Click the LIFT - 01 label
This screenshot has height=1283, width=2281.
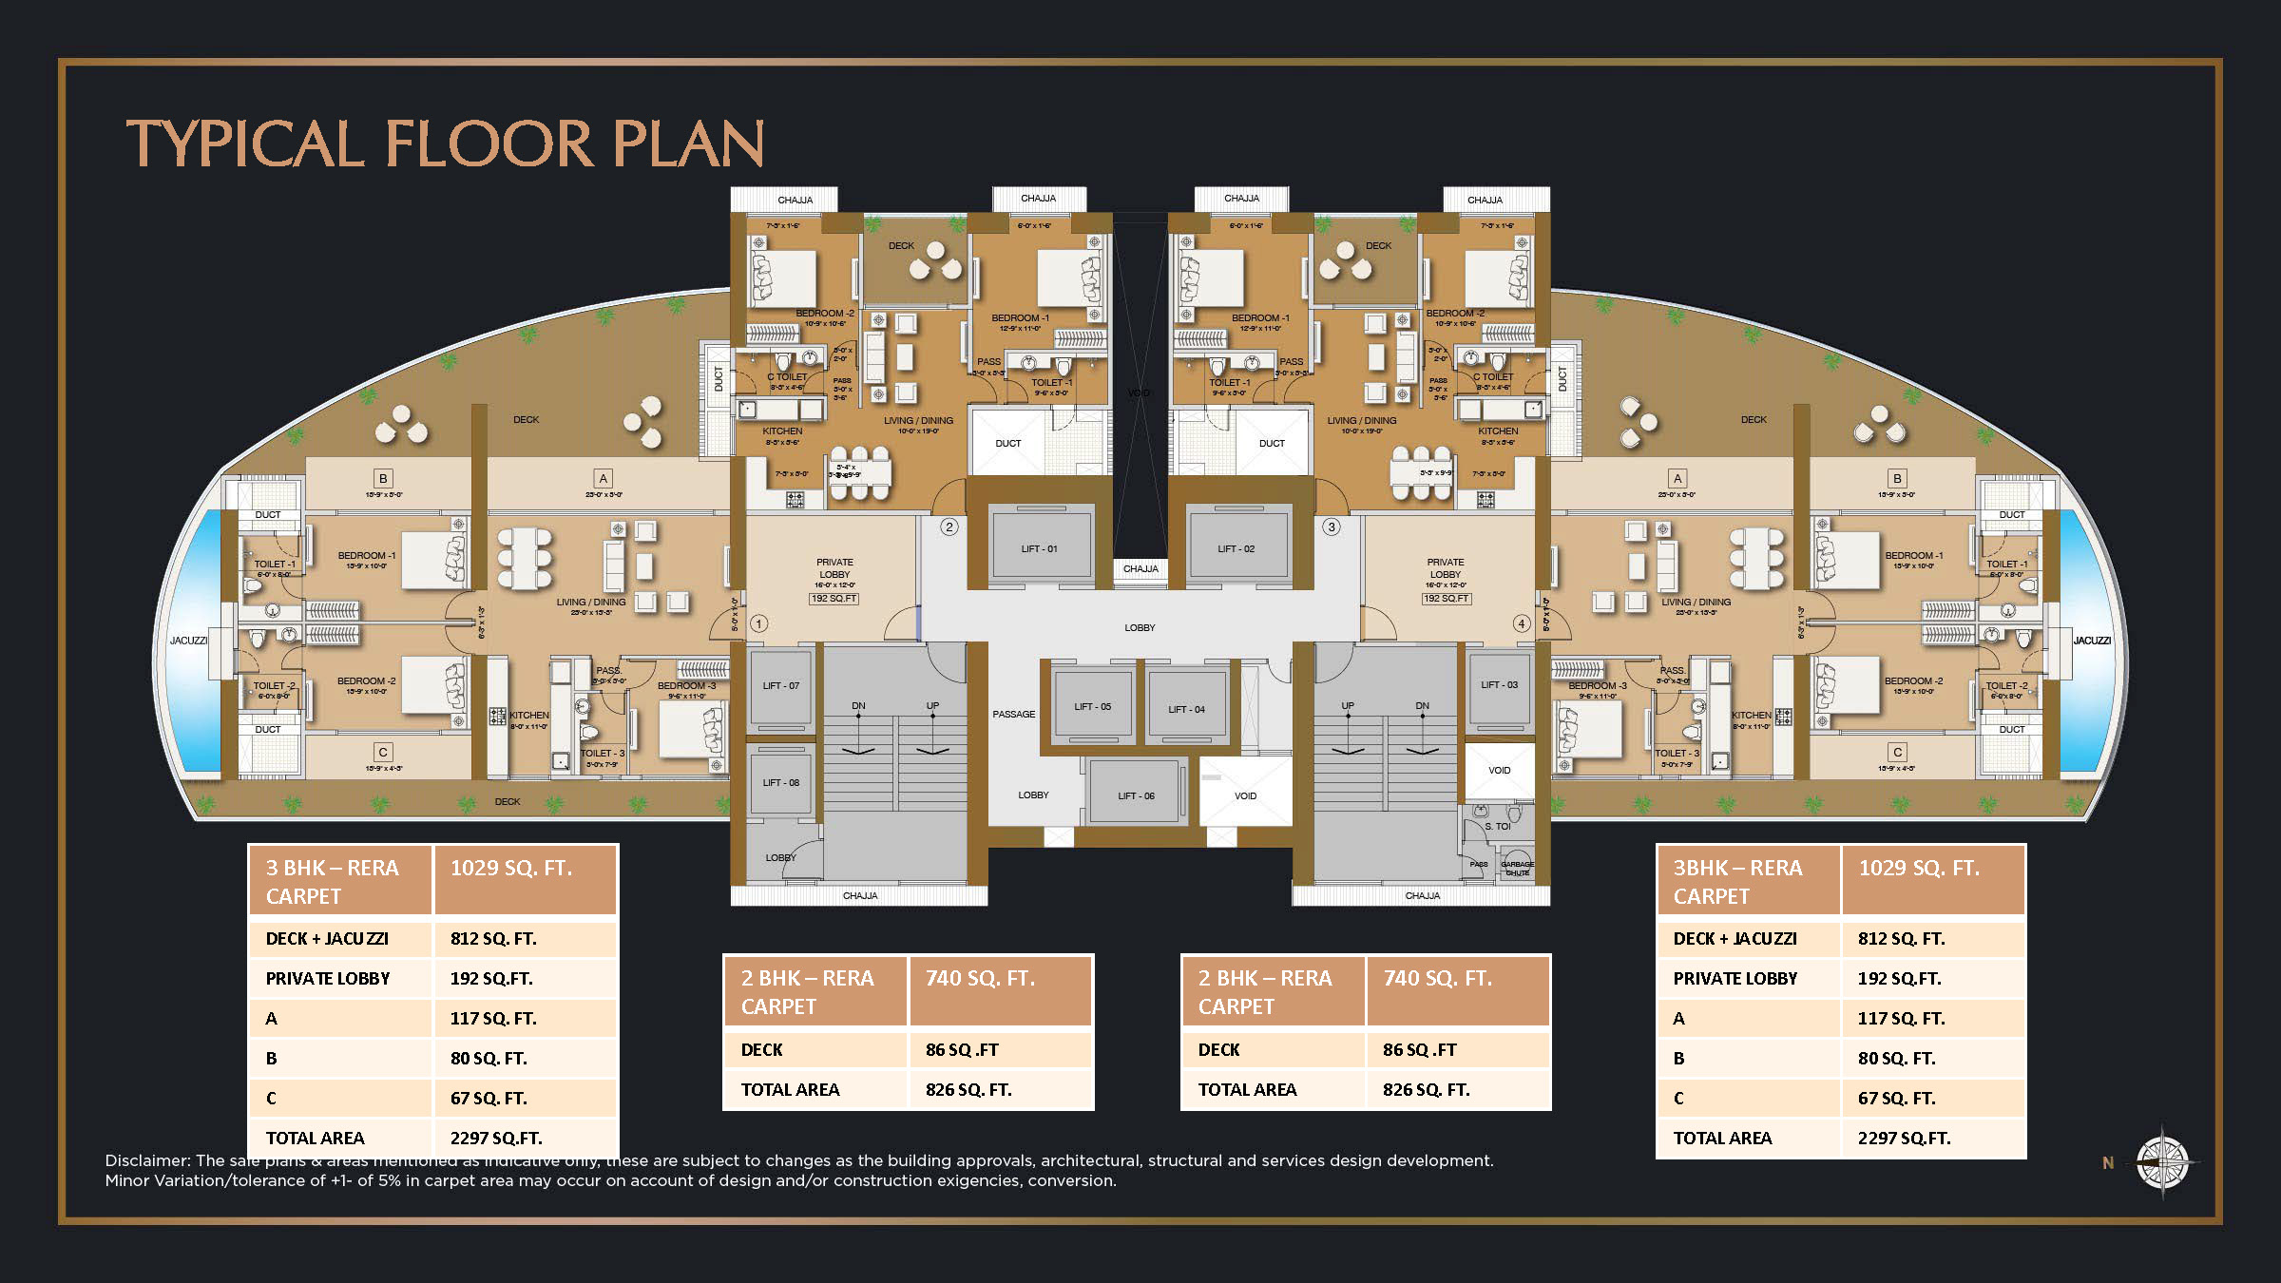(1039, 548)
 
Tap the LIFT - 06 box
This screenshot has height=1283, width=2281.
(1136, 795)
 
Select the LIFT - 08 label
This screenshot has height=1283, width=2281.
(780, 782)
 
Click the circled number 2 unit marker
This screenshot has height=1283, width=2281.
(949, 527)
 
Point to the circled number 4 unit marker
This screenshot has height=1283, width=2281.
(1521, 623)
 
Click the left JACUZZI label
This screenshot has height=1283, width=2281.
(188, 640)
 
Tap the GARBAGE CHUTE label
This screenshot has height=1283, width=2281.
(1517, 868)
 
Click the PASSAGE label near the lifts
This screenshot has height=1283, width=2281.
(1013, 714)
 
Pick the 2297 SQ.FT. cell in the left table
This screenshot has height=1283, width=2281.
(495, 1138)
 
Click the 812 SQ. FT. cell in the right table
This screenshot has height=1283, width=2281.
(1901, 938)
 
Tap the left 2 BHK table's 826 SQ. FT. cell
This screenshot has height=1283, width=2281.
(968, 1089)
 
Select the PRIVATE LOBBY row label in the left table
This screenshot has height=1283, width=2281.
(327, 978)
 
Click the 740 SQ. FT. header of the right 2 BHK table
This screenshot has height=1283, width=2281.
(1437, 978)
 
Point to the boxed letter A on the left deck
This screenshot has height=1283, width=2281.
(603, 478)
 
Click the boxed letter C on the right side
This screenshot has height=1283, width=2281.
(1897, 752)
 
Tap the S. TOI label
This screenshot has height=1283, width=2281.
(1497, 826)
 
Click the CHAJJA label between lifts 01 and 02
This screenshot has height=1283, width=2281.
(1140, 568)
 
